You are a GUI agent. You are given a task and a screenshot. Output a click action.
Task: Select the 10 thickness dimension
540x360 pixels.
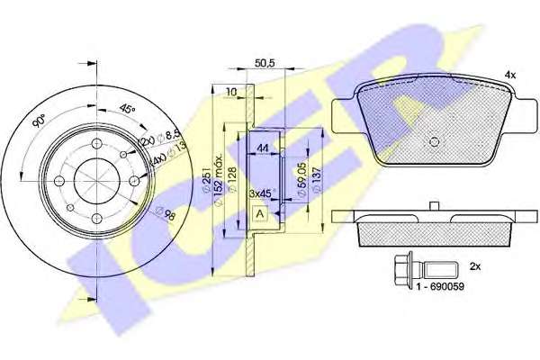click(231, 92)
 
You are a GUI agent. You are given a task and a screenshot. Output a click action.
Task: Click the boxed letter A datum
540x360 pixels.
click(259, 213)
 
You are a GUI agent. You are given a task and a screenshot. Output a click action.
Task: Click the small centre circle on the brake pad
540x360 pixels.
click(434, 141)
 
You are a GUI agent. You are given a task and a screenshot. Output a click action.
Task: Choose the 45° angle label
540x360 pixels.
click(128, 109)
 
